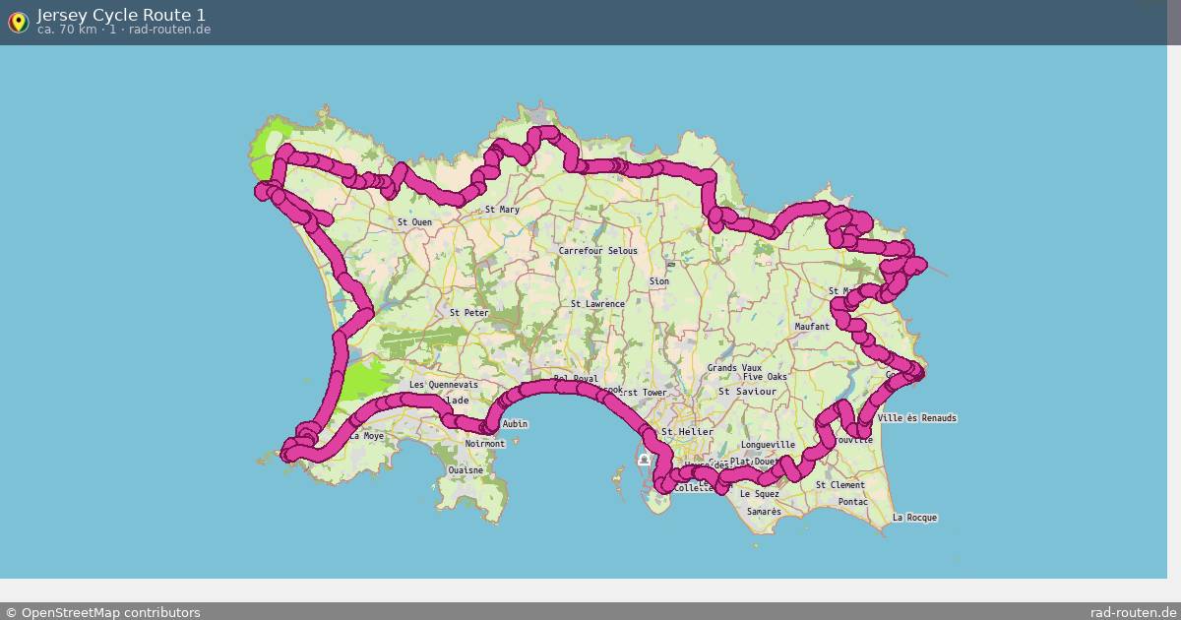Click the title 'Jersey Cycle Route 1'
pos(121,15)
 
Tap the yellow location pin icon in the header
pos(18,22)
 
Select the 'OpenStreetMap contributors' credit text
pos(110,612)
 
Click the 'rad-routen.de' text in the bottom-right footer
pos(1133,612)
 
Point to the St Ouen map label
pos(414,222)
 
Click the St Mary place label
pos(502,210)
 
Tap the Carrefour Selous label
pos(597,251)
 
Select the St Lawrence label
pos(597,304)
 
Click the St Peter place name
pos(468,313)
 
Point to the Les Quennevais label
pos(443,385)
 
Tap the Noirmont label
pos(484,444)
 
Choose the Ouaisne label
pos(466,470)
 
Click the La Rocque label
pos(914,518)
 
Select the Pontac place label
pos(853,502)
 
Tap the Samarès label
pos(764,512)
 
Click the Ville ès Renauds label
pos(915,418)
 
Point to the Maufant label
pos(812,326)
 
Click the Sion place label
pos(658,281)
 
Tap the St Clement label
pos(839,485)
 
